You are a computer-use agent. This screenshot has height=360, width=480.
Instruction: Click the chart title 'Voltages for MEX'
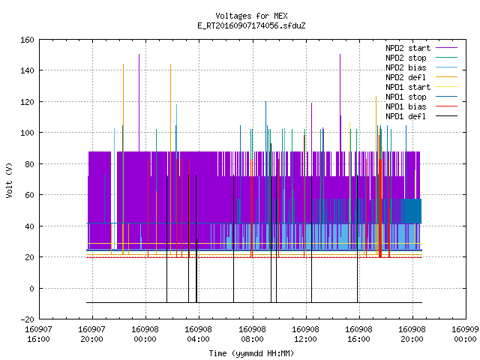[x=251, y=16]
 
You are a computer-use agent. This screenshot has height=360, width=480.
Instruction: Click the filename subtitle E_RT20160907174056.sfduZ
[x=251, y=25]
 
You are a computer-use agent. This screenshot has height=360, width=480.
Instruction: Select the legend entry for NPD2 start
[x=408, y=48]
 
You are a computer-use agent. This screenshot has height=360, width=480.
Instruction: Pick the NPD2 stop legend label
[x=406, y=58]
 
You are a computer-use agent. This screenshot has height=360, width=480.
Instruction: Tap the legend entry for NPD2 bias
[x=406, y=67]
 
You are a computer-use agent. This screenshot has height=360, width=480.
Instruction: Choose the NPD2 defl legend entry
[x=406, y=77]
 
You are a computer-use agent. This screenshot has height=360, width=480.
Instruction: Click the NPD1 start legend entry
[x=408, y=87]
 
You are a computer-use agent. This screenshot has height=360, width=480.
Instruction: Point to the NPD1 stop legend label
[x=406, y=97]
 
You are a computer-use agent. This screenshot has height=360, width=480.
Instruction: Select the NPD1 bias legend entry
[x=406, y=106]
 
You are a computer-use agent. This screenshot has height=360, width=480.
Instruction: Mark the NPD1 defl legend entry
[x=406, y=117]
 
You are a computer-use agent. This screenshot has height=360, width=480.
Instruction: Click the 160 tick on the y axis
[x=27, y=40]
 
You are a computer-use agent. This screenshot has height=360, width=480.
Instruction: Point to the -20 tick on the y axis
[x=27, y=319]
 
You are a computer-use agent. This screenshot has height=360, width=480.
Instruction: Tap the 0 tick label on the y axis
[x=31, y=288]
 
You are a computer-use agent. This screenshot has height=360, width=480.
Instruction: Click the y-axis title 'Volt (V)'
[x=9, y=180]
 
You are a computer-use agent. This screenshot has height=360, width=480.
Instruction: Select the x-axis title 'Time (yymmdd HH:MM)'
[x=251, y=353]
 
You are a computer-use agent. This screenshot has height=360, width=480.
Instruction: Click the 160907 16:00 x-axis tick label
[x=38, y=334]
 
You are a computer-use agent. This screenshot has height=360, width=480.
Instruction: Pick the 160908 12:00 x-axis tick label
[x=305, y=334]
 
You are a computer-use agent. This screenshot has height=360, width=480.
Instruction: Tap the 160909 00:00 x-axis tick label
[x=465, y=334]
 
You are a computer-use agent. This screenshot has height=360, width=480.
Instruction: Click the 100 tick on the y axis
[x=27, y=133]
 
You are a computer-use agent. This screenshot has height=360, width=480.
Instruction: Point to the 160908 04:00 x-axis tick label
[x=198, y=334]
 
